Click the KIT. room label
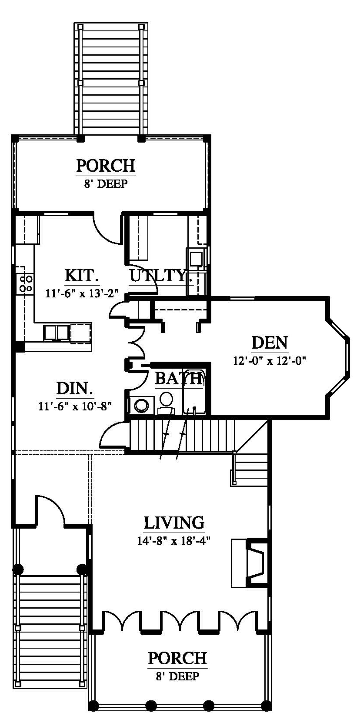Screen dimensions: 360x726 (82, 276)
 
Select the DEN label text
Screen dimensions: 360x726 (270, 343)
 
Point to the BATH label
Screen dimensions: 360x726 (179, 378)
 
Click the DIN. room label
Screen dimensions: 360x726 (75, 389)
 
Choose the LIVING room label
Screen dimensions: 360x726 (174, 523)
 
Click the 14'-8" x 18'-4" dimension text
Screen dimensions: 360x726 (174, 541)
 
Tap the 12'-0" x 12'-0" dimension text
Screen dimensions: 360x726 (270, 360)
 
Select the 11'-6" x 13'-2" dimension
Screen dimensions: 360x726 (82, 293)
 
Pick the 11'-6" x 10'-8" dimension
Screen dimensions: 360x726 (75, 406)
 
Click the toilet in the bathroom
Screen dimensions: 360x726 (167, 403)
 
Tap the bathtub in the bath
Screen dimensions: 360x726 (194, 392)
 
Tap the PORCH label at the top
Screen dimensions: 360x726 (106, 166)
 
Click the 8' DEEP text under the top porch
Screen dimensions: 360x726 (106, 184)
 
